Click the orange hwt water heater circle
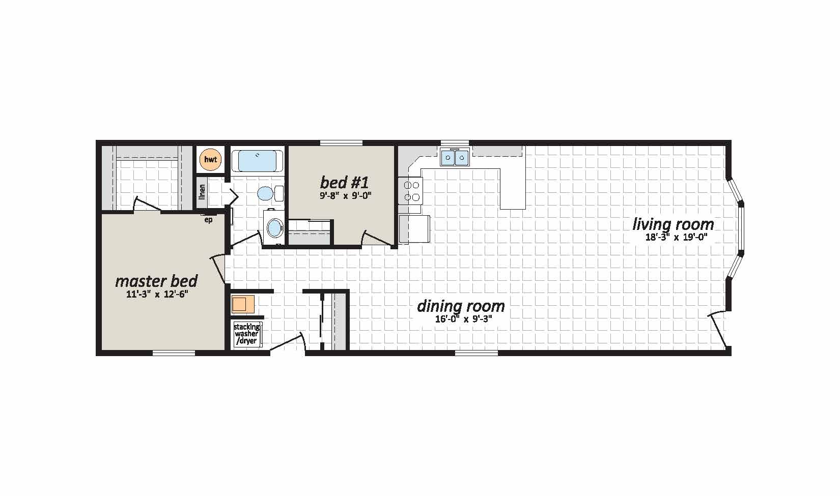point(210,160)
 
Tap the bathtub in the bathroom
point(257,161)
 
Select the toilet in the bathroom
point(270,193)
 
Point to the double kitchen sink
point(455,157)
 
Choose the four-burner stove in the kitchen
point(411,190)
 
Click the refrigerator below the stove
point(414,228)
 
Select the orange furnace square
point(243,304)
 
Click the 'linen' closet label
point(202,192)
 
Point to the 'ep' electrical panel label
point(208,220)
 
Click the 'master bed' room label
point(156,281)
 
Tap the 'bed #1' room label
point(344,183)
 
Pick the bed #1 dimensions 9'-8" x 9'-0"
point(345,195)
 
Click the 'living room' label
point(673,224)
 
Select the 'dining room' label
point(461,306)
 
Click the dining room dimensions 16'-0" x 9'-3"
point(463,319)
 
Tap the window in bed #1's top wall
point(341,143)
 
